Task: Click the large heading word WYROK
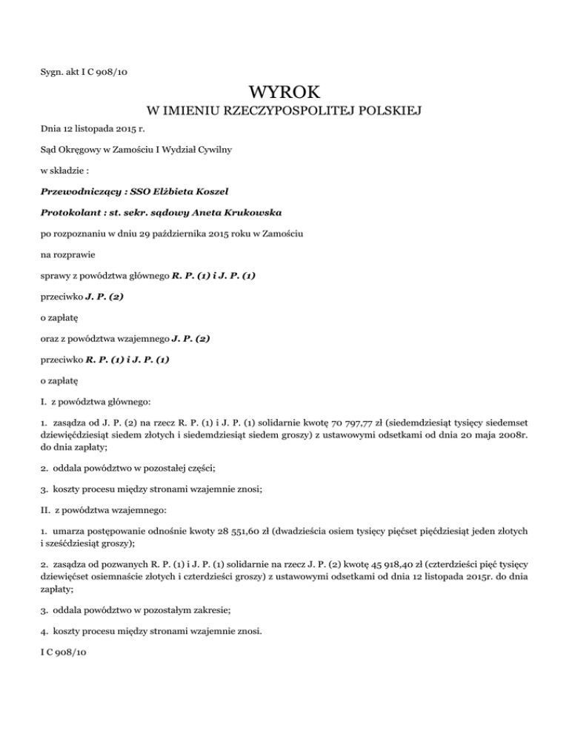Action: coord(284,93)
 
